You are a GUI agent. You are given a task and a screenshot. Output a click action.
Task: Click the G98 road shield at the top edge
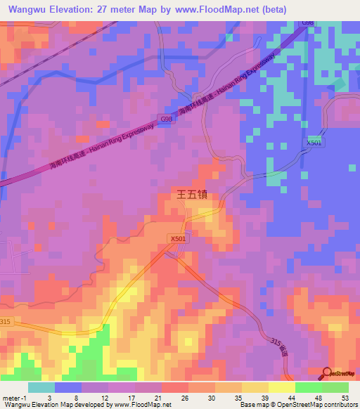pyautogui.click(x=308, y=23)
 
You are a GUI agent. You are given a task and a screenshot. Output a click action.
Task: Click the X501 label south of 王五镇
pyautogui.click(x=179, y=239)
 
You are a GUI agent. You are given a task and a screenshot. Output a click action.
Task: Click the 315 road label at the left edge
pyautogui.click(x=6, y=322)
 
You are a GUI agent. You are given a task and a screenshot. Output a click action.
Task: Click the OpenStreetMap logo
pyautogui.click(x=340, y=373)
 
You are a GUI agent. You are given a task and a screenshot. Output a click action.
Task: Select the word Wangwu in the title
pyautogui.click(x=28, y=9)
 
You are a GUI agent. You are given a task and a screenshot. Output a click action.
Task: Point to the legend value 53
pyautogui.click(x=345, y=397)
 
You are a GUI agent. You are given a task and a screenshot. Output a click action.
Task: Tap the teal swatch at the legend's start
pyautogui.click(x=41, y=387)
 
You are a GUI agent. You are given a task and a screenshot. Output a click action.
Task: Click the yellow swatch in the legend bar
pyautogui.click(x=281, y=387)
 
